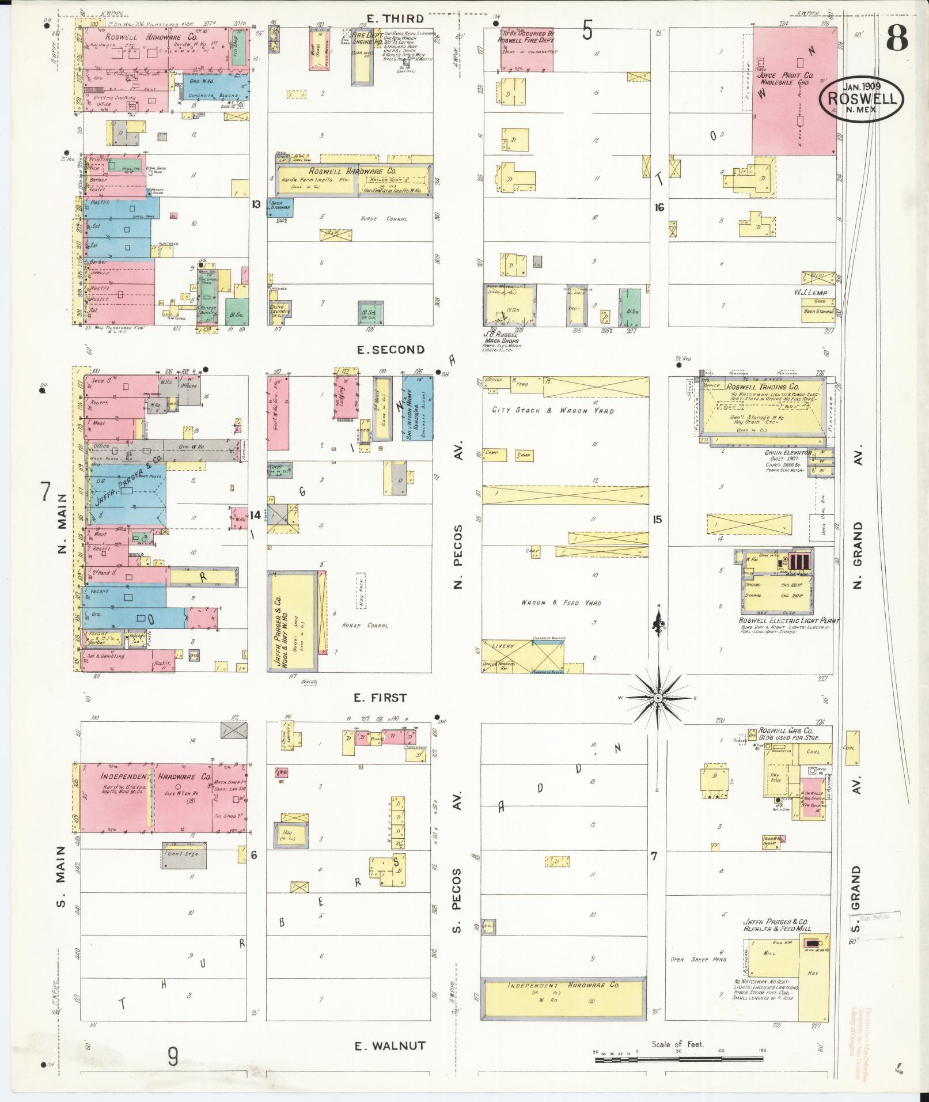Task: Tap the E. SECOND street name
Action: (398, 350)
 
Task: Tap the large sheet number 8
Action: (897, 39)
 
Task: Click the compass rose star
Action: (657, 698)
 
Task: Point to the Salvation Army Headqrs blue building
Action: (418, 408)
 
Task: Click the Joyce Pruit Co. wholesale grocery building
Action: (794, 91)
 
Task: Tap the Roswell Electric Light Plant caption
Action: (789, 621)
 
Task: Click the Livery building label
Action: (502, 646)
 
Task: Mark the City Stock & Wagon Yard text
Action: (552, 411)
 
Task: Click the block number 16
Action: (659, 207)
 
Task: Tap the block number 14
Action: (255, 515)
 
